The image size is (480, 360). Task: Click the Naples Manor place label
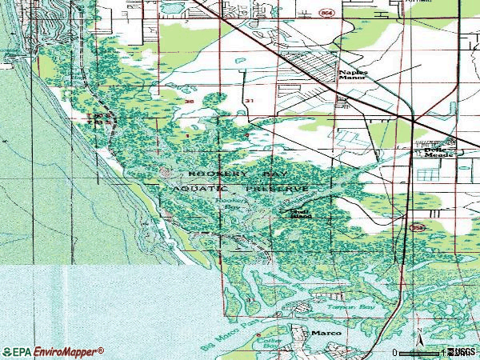click(x=353, y=74)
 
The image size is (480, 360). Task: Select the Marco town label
click(x=326, y=333)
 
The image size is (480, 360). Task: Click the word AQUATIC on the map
click(x=197, y=189)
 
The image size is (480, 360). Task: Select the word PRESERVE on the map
click(x=277, y=189)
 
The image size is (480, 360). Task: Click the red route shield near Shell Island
click(x=410, y=227)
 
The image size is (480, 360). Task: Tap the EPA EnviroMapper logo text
click(x=53, y=351)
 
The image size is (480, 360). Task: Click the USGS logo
click(x=461, y=351)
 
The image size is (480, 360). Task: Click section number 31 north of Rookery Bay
click(x=250, y=101)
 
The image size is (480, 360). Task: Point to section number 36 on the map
click(x=189, y=102)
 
